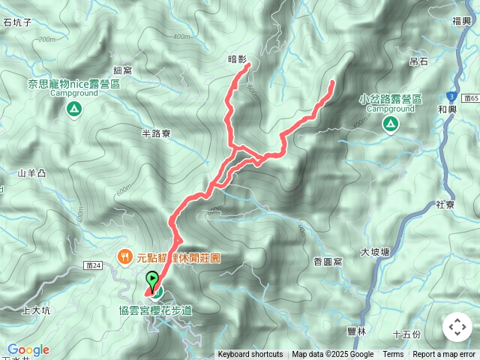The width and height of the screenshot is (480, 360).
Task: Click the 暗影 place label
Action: tap(237, 57)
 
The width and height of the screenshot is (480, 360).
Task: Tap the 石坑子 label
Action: tap(16, 22)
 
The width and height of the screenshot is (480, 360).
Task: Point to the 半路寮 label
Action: tap(156, 133)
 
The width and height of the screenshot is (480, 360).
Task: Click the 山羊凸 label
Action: tap(32, 173)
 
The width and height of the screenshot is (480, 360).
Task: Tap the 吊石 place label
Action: tap(418, 61)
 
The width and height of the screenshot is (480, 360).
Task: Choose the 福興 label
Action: tap(462, 22)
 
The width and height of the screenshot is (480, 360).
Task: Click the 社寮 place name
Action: tap(445, 205)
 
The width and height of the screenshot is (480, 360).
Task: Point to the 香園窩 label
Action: tap(328, 261)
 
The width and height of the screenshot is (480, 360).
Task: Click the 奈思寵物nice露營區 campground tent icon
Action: tap(73, 110)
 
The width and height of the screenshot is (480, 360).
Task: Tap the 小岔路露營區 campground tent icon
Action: tap(390, 125)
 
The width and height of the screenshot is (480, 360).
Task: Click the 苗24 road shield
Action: tap(94, 265)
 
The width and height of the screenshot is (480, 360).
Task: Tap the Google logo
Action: tap(28, 349)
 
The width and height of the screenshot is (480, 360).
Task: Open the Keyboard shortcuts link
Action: tap(250, 355)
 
